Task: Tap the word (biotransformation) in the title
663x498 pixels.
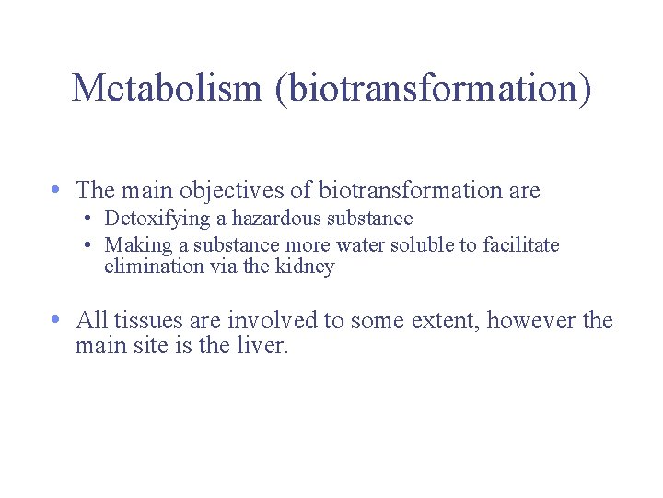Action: (x=435, y=89)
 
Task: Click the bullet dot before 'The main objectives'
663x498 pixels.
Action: (x=57, y=190)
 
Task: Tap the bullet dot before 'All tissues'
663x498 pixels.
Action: (x=57, y=320)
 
